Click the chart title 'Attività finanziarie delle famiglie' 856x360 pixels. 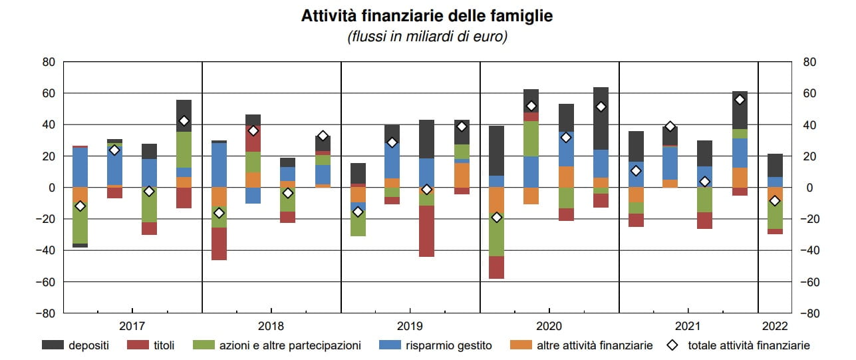pyautogui.click(x=427, y=15)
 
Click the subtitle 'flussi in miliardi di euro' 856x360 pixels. pyautogui.click(x=427, y=37)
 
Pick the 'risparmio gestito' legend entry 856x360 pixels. pyautogui.click(x=450, y=345)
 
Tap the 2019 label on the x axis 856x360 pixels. pyautogui.click(x=410, y=326)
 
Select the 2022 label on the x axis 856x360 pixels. pyautogui.click(x=775, y=326)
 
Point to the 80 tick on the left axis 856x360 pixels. pyautogui.click(x=49, y=62)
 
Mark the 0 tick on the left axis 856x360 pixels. pyautogui.click(x=51, y=188)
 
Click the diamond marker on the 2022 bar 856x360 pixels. pyautogui.click(x=775, y=201)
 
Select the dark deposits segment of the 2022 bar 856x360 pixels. pyautogui.click(x=775, y=165)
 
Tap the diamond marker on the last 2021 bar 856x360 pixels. pyautogui.click(x=740, y=100)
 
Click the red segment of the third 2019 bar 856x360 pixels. pyautogui.click(x=427, y=231)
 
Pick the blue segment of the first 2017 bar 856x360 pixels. pyautogui.click(x=80, y=167)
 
